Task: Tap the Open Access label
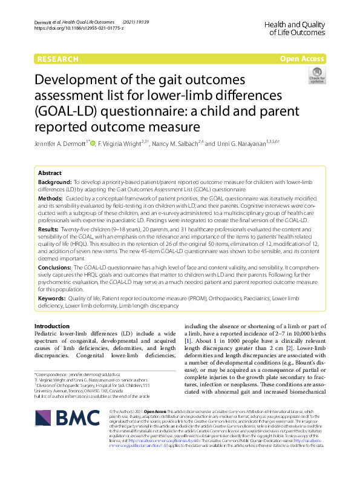tap(302, 59)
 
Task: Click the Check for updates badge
tap(316, 76)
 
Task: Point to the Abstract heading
tap(50, 172)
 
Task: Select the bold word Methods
tap(50, 198)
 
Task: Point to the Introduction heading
tap(53, 326)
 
